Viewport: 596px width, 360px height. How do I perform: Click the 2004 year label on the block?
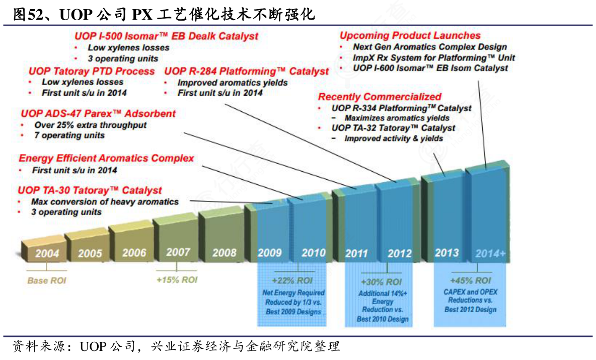coord(47,254)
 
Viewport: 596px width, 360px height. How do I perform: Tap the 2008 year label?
coord(224,252)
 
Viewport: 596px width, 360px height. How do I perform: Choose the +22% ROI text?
coord(292,280)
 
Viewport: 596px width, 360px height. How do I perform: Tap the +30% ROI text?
coord(381,282)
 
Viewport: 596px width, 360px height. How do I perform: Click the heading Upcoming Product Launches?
coord(410,35)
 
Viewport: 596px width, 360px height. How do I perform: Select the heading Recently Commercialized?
coord(380,97)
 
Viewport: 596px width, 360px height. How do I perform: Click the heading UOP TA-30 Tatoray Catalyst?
coord(90,190)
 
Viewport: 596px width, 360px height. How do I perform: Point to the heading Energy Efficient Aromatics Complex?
coord(106,158)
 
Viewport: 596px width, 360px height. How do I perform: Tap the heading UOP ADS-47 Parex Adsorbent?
coord(99,113)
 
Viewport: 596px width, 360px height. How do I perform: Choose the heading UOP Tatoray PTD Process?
coord(91,71)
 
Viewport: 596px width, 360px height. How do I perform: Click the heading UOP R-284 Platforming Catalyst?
coord(246,71)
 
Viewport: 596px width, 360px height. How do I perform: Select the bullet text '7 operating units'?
coord(69,135)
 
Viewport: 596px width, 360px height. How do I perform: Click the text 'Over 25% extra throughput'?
coord(90,124)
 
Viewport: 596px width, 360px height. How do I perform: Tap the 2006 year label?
coord(134,253)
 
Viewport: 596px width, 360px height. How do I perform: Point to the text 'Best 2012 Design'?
coord(470,310)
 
